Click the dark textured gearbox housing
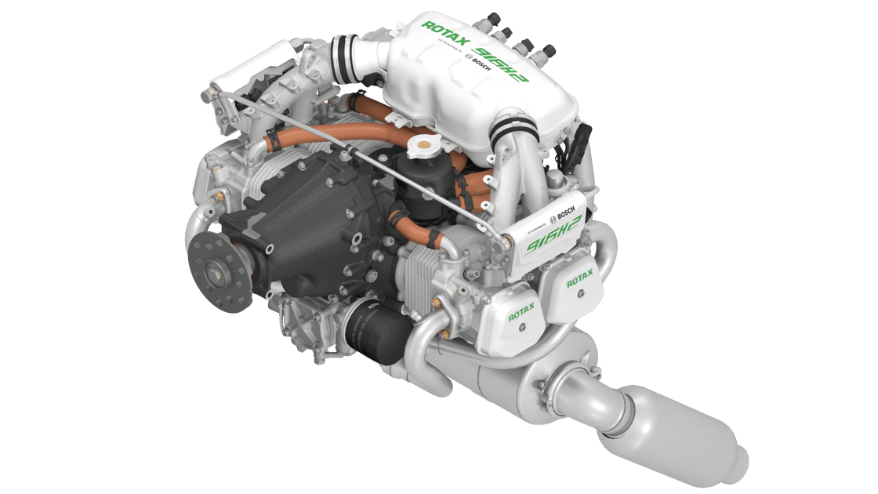tap(298, 227)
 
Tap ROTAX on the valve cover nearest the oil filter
tap(522, 315)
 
